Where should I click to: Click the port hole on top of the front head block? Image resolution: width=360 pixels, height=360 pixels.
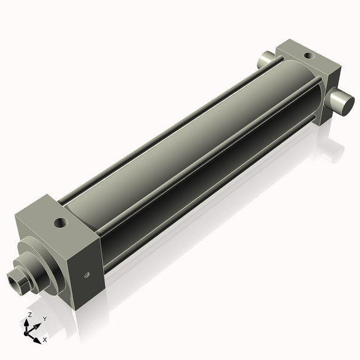(x=60, y=223)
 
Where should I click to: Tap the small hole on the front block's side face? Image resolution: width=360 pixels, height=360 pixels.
(x=86, y=275)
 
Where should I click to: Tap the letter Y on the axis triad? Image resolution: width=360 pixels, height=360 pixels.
(x=44, y=319)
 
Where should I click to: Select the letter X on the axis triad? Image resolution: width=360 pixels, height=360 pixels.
(x=44, y=340)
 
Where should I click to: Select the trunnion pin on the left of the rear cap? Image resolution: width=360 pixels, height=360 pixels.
(x=264, y=60)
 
